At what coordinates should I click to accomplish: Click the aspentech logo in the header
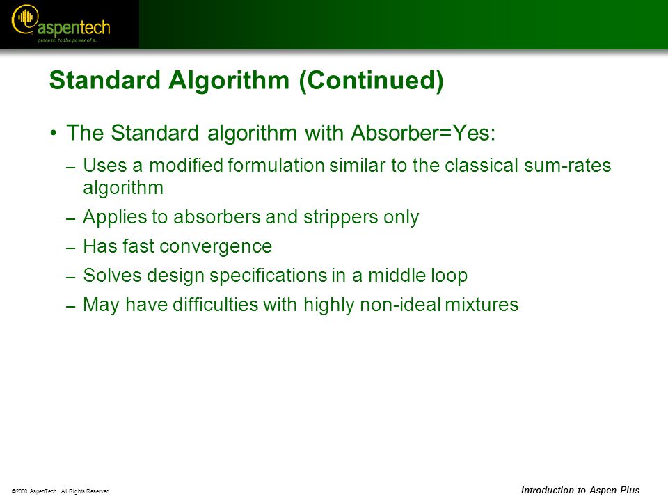coord(61,24)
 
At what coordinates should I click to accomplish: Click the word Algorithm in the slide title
coord(229,79)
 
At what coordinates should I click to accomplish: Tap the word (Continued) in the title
coord(372,80)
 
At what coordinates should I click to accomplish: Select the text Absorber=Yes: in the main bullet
coord(423,132)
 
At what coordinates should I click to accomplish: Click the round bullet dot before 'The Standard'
coord(54,133)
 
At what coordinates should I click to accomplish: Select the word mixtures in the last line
coord(482,305)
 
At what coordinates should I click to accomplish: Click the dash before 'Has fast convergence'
coord(71,248)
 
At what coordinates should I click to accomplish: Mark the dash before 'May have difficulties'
coord(71,306)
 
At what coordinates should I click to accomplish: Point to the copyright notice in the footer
coord(61,491)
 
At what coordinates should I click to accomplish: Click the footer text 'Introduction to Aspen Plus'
coord(580,491)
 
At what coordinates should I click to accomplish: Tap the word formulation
coord(276,166)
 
